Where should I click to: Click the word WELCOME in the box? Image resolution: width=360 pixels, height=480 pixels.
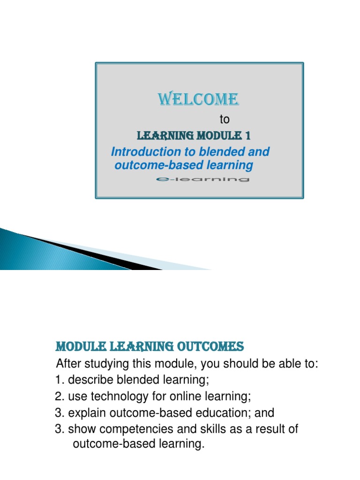point(198,99)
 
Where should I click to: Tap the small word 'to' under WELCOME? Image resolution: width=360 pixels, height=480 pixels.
point(225,120)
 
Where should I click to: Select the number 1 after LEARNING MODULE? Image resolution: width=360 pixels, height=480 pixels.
point(247,136)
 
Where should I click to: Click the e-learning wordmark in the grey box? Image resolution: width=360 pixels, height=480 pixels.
point(202,179)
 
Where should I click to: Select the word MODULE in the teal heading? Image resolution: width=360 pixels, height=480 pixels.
point(76,347)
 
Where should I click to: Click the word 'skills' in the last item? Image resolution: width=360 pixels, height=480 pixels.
point(200,429)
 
